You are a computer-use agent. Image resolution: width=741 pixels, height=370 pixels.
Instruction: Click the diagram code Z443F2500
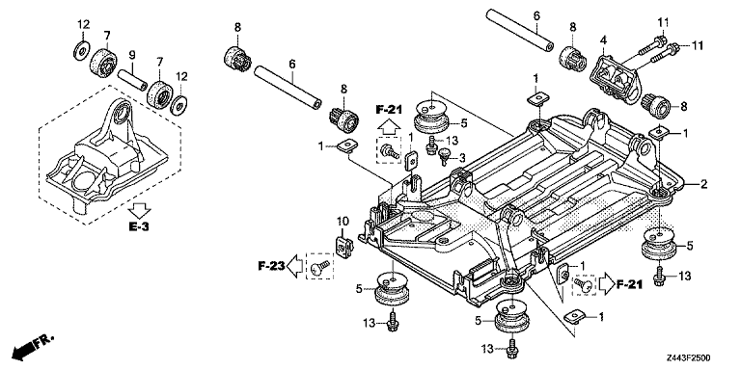pyautogui.click(x=689, y=358)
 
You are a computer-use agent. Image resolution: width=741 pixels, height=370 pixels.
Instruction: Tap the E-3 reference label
pyautogui.click(x=139, y=226)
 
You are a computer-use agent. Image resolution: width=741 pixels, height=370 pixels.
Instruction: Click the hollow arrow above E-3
pyautogui.click(x=140, y=209)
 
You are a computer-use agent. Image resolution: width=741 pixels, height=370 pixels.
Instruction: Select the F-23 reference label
pyautogui.click(x=271, y=267)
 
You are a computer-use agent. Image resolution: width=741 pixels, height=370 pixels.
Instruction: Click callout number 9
pyautogui.click(x=133, y=56)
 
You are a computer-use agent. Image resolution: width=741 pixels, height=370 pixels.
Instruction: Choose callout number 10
pyautogui.click(x=343, y=222)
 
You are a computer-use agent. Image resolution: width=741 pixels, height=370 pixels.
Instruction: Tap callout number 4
pyautogui.click(x=603, y=41)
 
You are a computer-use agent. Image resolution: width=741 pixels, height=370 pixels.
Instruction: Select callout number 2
pyautogui.click(x=704, y=185)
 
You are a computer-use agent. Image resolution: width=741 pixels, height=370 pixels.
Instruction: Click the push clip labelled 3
pyautogui.click(x=444, y=157)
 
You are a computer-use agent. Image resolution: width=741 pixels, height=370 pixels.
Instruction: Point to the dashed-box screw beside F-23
pyautogui.click(x=320, y=268)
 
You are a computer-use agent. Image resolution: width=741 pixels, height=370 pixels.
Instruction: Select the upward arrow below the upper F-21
pyautogui.click(x=388, y=126)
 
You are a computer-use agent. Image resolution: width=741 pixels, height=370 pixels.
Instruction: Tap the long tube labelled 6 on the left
pyautogui.click(x=288, y=89)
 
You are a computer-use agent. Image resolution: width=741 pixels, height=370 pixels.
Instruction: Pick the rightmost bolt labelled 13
pyautogui.click(x=660, y=275)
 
